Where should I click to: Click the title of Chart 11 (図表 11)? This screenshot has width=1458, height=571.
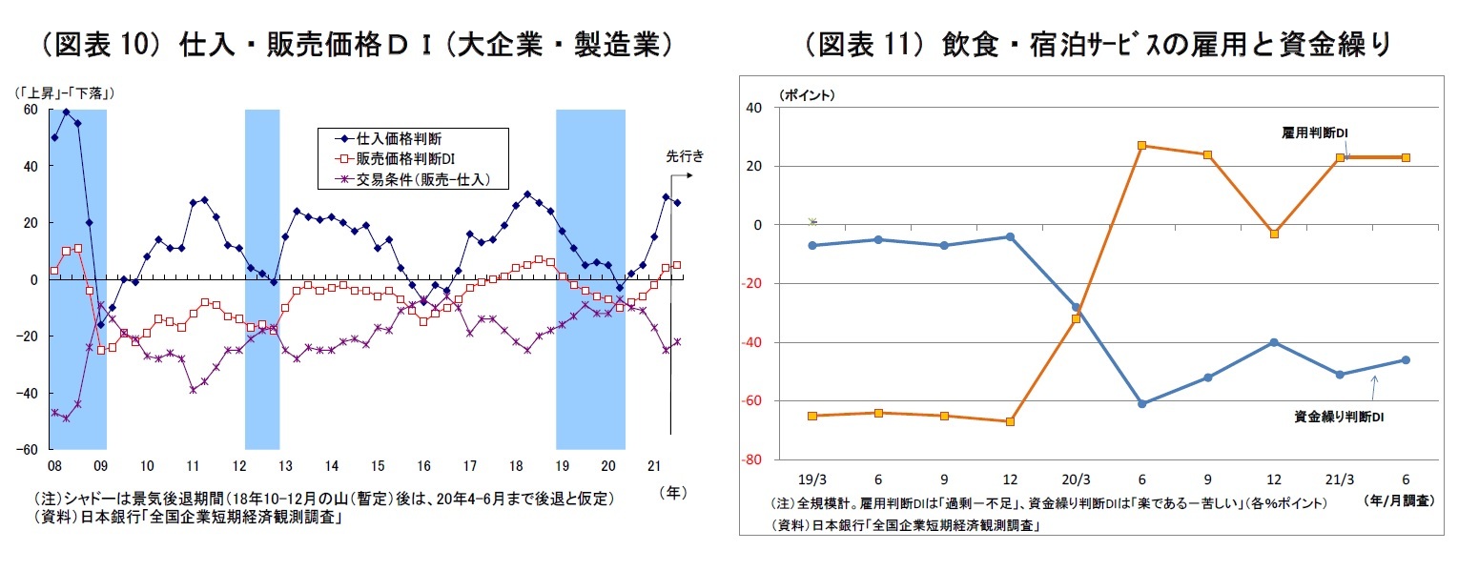click(x=1096, y=45)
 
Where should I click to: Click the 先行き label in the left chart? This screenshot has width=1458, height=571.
click(x=685, y=156)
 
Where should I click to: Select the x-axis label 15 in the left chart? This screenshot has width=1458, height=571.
click(x=377, y=466)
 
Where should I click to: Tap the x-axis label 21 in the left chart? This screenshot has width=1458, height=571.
click(x=654, y=466)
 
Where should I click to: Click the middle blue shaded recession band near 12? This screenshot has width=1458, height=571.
click(x=261, y=276)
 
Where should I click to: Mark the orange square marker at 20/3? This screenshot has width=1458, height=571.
click(x=1076, y=318)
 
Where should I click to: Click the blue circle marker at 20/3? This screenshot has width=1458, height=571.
click(x=1076, y=307)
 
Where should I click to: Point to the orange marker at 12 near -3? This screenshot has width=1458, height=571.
click(x=1274, y=234)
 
